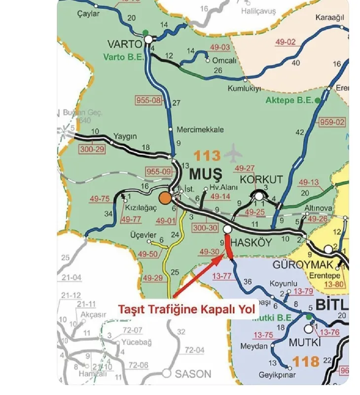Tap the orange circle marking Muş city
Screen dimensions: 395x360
click(x=165, y=198)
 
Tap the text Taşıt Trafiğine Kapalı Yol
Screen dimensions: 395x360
click(x=187, y=310)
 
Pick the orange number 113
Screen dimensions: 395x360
click(x=207, y=156)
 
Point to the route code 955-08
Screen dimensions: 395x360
click(x=148, y=100)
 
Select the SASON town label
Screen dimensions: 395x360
click(x=194, y=374)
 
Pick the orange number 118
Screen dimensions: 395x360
click(x=306, y=361)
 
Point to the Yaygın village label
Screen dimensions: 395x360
click(x=125, y=136)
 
